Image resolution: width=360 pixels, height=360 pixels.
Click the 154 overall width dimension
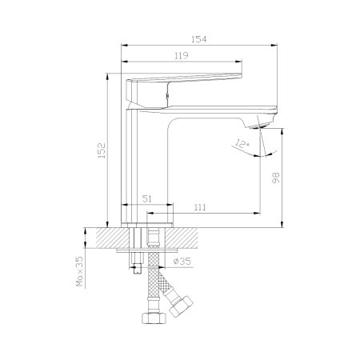pos(199,39)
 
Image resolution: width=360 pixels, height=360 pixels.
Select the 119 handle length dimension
pos(182,56)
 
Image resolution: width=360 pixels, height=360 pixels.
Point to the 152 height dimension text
pos(102,150)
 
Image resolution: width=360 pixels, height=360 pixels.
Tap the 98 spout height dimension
pos(276,178)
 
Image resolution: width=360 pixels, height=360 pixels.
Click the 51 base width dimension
pos(147,198)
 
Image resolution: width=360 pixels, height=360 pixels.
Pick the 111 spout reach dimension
pos(200,207)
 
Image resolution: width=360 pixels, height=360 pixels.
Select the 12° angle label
pos(242,144)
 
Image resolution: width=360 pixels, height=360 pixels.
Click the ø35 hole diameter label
pos(182,261)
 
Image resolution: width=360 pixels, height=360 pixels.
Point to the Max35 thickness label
pos(79,271)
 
